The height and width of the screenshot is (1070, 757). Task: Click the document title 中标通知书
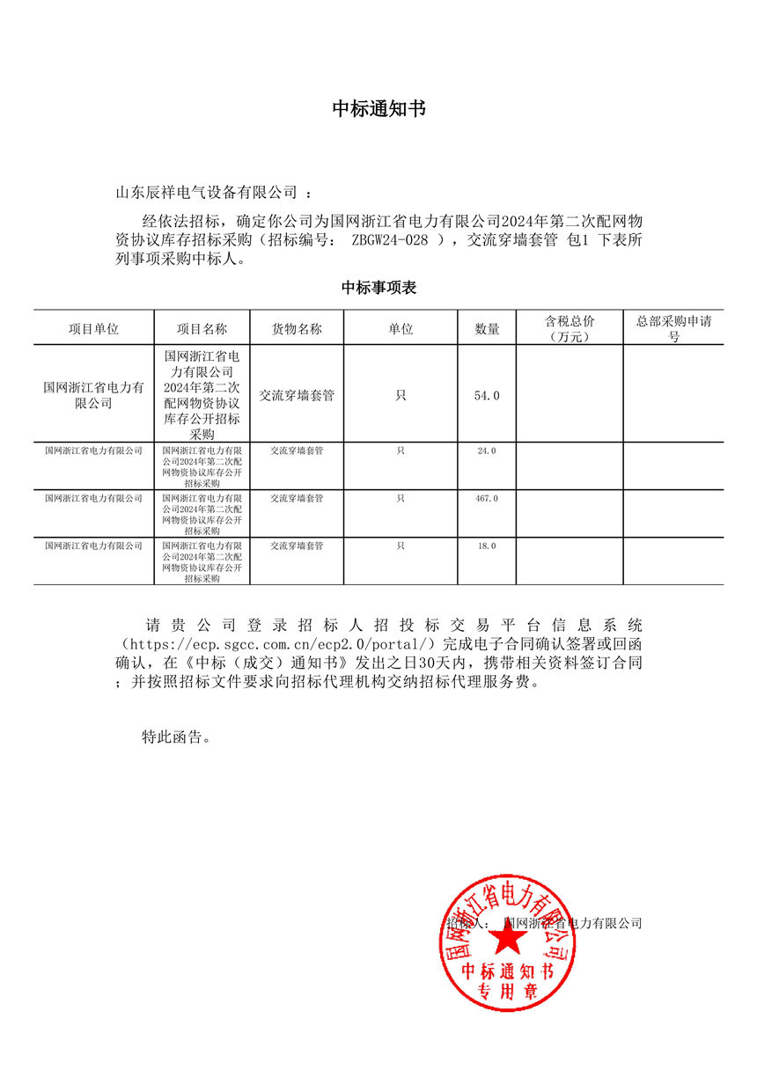point(378,108)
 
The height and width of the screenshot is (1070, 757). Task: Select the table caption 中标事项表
point(378,288)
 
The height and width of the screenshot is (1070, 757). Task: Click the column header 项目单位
point(93,328)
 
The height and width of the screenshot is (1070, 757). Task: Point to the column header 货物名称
point(297,328)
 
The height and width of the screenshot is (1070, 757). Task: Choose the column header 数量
point(487,328)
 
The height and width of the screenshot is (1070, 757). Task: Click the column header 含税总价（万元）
point(570,328)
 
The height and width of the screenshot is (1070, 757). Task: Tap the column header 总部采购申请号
point(673,328)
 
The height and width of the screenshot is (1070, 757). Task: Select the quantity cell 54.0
point(487,396)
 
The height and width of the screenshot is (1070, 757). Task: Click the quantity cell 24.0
point(487,451)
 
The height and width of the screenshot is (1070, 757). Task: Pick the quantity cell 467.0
point(487,499)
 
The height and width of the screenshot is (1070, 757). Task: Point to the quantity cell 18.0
point(487,546)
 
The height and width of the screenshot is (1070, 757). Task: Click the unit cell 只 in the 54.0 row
point(401,396)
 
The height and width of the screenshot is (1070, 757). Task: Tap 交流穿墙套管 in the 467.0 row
point(297,499)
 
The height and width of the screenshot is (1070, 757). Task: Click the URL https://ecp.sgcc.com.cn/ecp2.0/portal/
point(278,644)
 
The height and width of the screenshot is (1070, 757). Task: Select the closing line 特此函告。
point(177,737)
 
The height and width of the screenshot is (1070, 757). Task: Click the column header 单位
point(401,328)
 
